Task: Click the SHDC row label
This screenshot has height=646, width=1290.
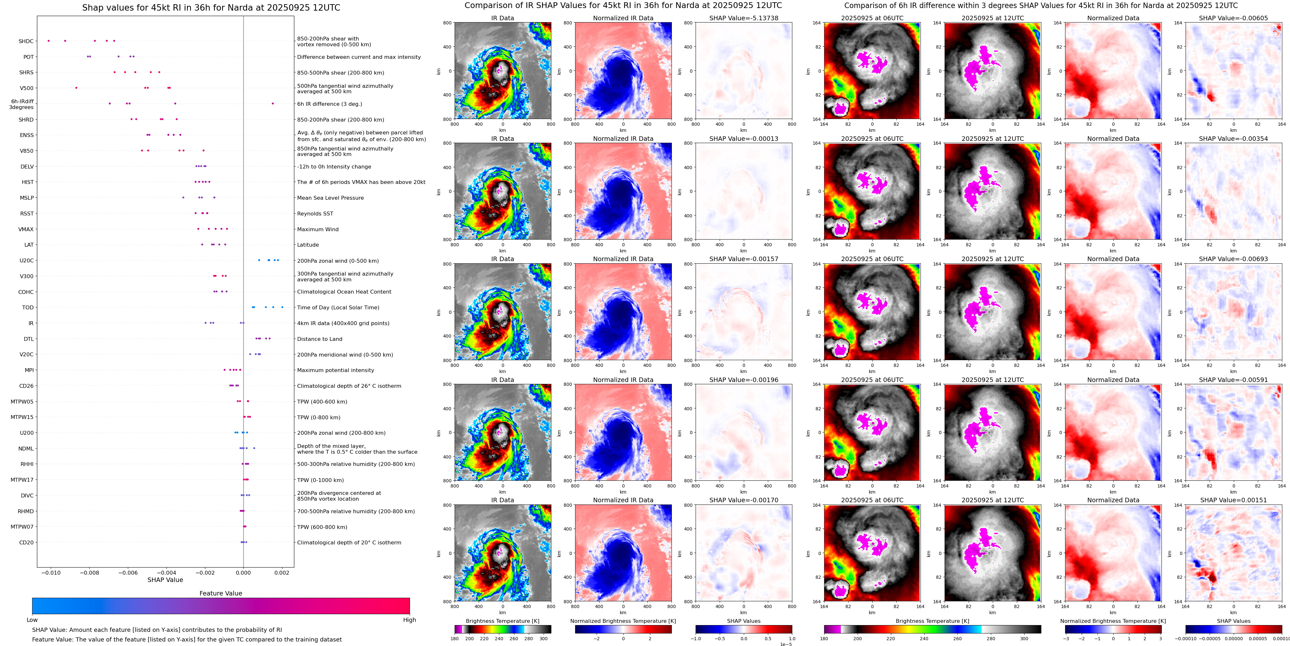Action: point(26,41)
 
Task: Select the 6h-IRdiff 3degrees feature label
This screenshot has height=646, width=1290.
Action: point(22,104)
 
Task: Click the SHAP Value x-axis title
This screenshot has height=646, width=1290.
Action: point(165,580)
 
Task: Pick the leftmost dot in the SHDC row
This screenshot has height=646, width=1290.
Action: point(49,41)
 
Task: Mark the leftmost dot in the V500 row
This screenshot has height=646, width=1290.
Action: point(76,88)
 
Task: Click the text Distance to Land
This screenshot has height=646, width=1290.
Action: point(319,339)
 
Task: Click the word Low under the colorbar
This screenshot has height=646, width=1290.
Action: point(32,620)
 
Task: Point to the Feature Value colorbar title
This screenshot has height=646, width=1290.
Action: point(220,593)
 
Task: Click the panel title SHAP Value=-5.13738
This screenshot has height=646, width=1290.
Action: point(744,18)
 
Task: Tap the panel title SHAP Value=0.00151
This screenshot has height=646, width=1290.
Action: point(1233,500)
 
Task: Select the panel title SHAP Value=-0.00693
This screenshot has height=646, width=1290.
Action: point(1233,259)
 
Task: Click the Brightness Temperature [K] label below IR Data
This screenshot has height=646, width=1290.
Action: point(502,621)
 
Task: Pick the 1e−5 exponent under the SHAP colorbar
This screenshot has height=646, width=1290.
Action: point(786,644)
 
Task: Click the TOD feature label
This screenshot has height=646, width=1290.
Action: point(28,308)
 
